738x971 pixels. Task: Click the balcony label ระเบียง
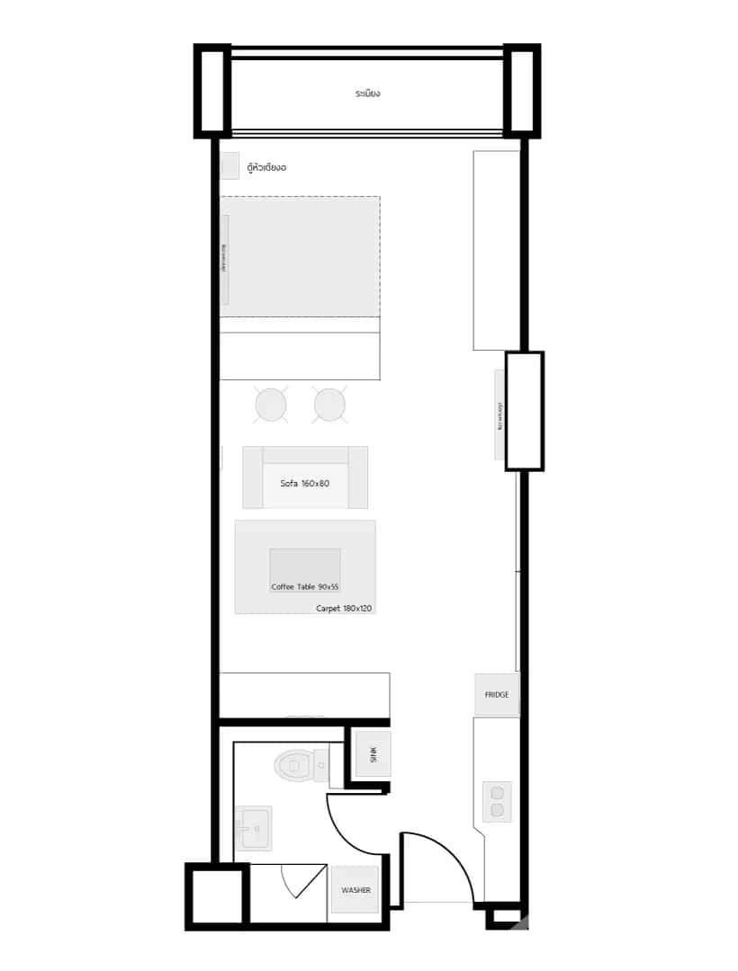[367, 94]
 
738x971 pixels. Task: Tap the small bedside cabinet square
[229, 166]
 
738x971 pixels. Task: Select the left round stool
[271, 405]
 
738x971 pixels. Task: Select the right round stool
[330, 405]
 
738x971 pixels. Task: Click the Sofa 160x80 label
[304, 484]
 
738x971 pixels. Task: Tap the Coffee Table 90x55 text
[305, 587]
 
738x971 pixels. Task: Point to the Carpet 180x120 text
[344, 609]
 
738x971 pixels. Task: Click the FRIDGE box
[497, 694]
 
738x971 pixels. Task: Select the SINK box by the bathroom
[373, 754]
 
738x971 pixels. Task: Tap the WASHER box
[355, 890]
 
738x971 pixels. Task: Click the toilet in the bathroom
[297, 766]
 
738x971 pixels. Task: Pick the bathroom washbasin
[253, 827]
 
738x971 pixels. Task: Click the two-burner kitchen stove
[497, 801]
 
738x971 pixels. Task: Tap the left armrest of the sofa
[252, 477]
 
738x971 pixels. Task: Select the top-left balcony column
[212, 91]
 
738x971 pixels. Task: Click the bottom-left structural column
[216, 895]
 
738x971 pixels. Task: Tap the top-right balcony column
[521, 91]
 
